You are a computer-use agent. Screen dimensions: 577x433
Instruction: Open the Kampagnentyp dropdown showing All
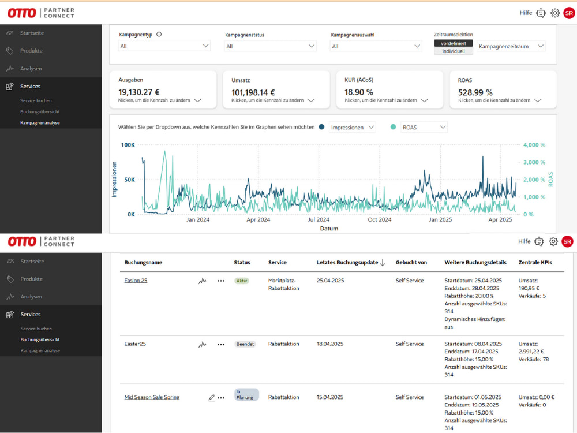[x=164, y=46]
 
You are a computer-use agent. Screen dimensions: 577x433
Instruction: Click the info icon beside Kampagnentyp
[x=159, y=35]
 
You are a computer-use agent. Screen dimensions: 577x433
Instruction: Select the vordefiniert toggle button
[x=454, y=43]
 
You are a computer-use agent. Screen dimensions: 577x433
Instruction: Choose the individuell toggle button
[x=454, y=51]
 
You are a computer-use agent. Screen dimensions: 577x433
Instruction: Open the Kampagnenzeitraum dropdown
[x=511, y=46]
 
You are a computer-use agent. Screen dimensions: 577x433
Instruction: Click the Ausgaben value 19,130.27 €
[x=138, y=92]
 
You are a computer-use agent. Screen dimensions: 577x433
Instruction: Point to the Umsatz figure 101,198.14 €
[x=253, y=92]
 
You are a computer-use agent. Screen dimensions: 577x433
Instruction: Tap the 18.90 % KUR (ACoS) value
[x=359, y=92]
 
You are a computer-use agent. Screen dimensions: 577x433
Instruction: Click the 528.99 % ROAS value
[x=475, y=92]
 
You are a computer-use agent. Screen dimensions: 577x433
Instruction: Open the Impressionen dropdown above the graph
[x=352, y=128]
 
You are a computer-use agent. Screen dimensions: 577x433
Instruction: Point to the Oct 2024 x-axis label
[x=380, y=220]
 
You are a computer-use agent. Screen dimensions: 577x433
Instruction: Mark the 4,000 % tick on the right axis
[x=534, y=145]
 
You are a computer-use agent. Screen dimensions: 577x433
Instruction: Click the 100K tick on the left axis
[x=128, y=145]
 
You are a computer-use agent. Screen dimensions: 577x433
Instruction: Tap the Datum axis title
[x=329, y=229]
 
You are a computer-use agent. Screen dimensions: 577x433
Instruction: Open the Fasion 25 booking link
[x=136, y=281]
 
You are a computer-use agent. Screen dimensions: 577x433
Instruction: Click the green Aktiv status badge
[x=242, y=281]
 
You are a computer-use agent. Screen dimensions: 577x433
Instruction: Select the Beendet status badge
[x=245, y=344]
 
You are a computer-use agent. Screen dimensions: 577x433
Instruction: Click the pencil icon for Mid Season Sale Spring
[x=212, y=398]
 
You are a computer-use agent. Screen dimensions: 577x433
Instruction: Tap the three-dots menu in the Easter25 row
[x=221, y=344]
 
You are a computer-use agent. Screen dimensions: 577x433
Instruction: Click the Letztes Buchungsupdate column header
[x=347, y=263]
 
